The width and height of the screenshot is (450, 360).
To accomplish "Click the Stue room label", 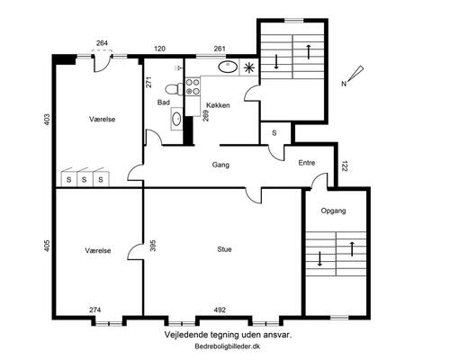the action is coord(224,249).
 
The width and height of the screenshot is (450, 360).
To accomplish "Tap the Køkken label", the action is coord(218,105).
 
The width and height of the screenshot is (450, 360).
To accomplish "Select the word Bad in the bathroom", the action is coord(164,103).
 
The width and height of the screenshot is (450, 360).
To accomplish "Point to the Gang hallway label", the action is coord(220,165).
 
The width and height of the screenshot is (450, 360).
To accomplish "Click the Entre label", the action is coord(307,163).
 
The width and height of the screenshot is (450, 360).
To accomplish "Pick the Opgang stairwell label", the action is coord(333,211).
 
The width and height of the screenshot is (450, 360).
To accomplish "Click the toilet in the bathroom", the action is coord(174,89).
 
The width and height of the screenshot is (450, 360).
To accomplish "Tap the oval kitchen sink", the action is coord(227,67).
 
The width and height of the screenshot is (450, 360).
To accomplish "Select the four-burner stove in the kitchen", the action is coord(193,86).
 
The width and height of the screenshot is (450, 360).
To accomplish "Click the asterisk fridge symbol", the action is coord(248,68).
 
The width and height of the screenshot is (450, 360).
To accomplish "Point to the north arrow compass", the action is coord(353,76).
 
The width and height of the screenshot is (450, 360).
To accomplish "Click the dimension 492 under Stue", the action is coord(220,310).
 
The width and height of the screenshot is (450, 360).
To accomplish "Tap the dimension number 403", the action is coord(47,120).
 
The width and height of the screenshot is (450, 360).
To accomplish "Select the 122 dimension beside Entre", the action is coord(344,166).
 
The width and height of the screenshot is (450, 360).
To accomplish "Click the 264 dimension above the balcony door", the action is coord(102,43).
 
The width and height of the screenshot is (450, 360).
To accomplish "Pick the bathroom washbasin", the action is coord(176,119).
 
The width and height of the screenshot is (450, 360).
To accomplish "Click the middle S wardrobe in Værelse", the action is coord(85,179).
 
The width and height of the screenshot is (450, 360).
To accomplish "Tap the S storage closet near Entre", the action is coord(274,133).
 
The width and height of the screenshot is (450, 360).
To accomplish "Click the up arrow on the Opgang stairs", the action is coord(353,248).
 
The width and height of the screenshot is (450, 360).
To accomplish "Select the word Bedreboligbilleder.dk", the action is coord(228,346).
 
